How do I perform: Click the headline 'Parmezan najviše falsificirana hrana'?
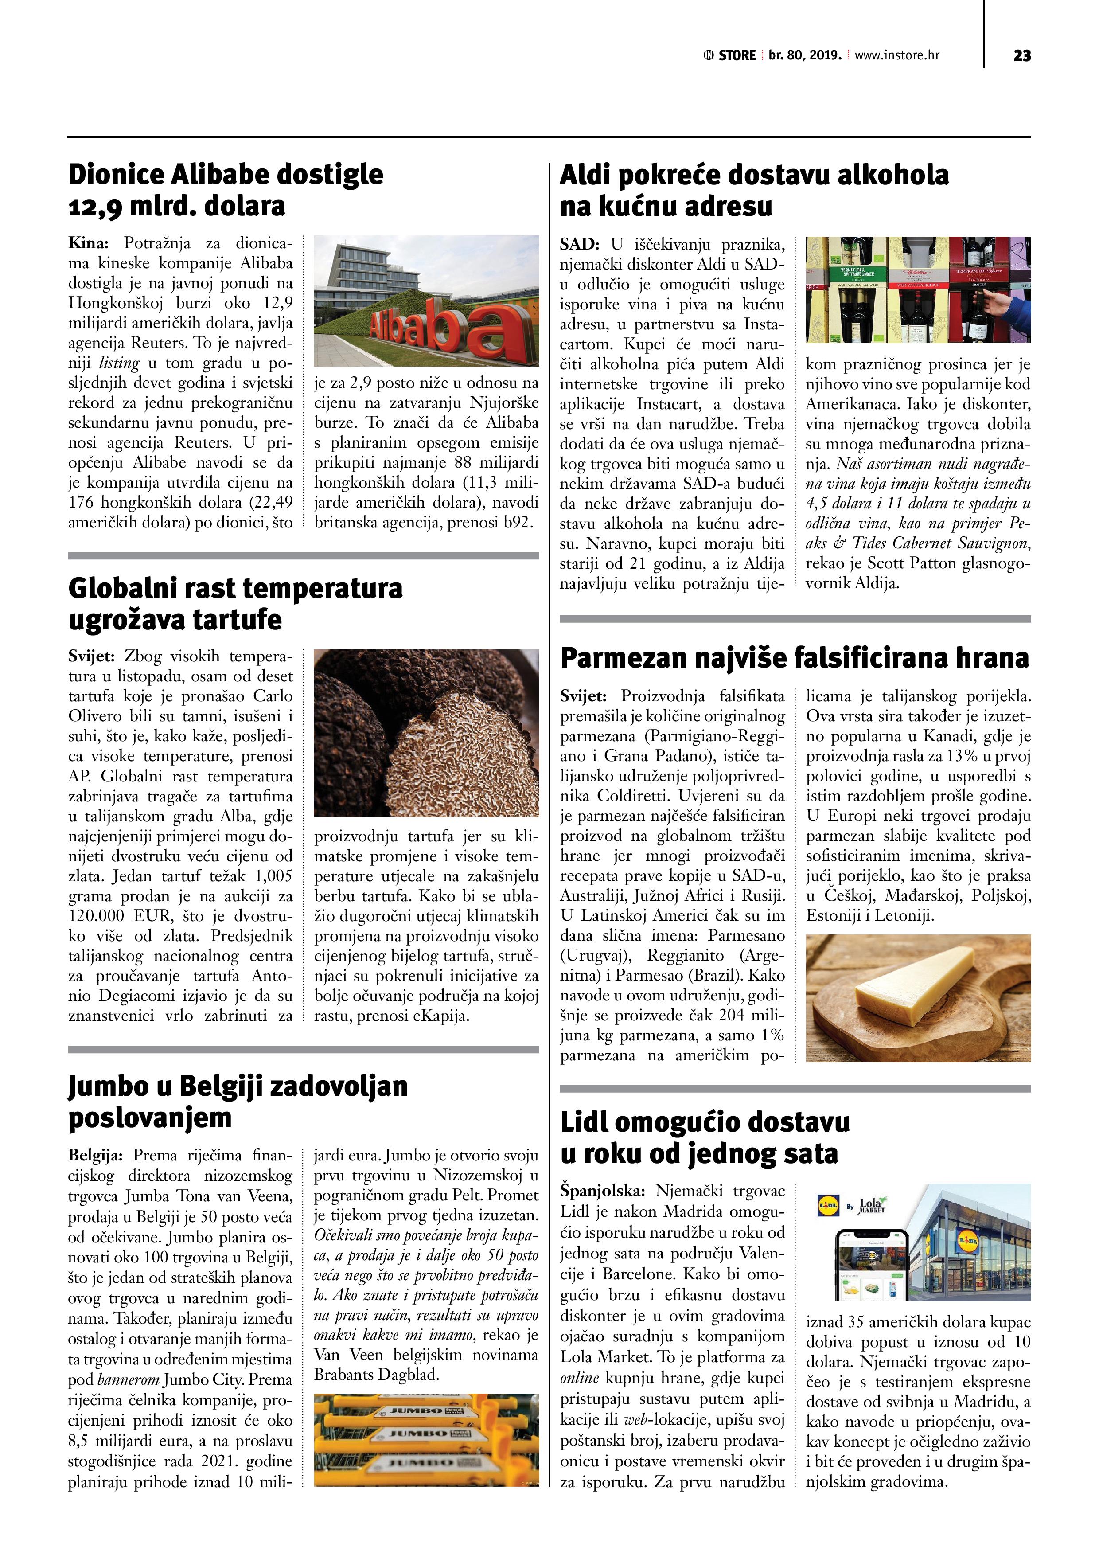point(794,658)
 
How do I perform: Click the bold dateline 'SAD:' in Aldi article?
point(579,244)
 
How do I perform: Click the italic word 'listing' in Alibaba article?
point(119,363)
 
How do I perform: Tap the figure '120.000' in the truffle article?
point(96,916)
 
